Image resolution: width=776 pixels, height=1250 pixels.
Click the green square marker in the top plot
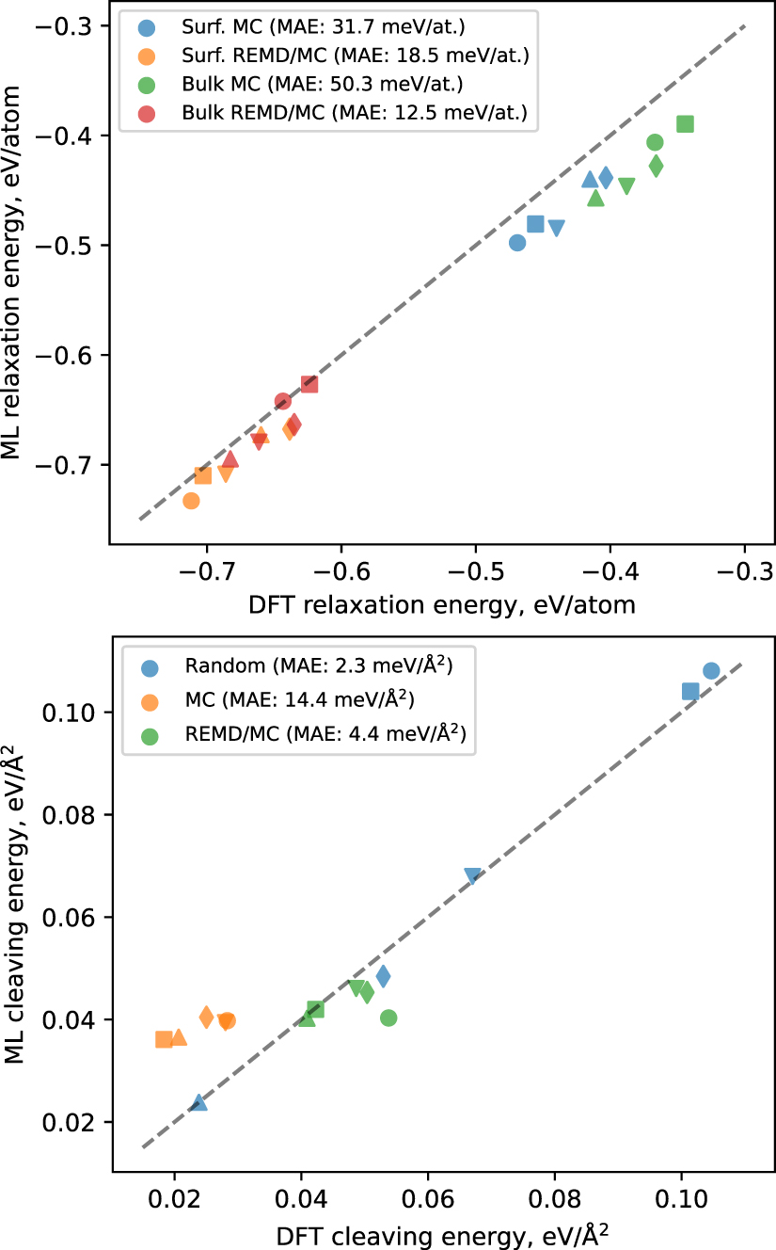[686, 124]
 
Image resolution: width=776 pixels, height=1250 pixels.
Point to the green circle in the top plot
[655, 142]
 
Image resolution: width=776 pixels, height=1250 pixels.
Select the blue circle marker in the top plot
[516, 243]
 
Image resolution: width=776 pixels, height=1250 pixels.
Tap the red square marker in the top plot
[309, 384]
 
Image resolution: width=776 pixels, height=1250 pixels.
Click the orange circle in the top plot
[191, 501]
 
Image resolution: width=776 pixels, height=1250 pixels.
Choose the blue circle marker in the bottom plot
[711, 670]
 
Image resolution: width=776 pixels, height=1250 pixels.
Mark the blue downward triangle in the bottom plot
[472, 876]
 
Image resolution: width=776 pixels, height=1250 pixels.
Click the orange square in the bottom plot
[164, 1039]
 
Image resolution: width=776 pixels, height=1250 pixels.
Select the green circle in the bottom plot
[388, 1018]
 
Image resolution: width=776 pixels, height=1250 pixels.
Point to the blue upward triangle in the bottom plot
[199, 1102]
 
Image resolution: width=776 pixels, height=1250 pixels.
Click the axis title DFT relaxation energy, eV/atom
[441, 605]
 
